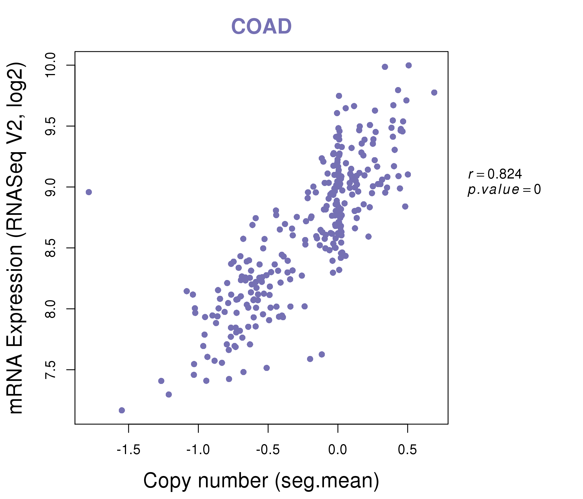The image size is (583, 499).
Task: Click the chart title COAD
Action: [261, 26]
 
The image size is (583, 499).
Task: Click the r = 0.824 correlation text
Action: [495, 174]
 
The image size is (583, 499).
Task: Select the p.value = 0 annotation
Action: [504, 190]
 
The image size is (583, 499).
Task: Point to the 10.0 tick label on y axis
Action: [51, 65]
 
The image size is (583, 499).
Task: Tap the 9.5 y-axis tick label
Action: [51, 126]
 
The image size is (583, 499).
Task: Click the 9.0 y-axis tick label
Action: [51, 187]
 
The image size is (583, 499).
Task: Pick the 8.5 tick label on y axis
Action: [51, 248]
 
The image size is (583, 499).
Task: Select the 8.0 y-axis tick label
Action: [51, 309]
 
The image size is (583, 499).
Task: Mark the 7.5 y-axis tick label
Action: [51, 370]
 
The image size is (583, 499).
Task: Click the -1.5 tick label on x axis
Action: [128, 450]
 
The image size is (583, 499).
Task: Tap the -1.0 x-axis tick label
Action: [198, 450]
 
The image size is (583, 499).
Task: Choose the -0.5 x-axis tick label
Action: [268, 450]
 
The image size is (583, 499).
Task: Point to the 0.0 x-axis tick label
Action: [338, 450]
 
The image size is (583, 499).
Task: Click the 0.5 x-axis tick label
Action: [407, 450]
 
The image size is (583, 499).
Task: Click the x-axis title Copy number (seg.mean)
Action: [261, 481]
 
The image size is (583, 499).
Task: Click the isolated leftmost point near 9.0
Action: [89, 192]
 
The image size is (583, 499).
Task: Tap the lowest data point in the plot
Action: [122, 410]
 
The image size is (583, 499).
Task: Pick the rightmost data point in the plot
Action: [434, 92]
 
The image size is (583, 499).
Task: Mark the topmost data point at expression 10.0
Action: [409, 65]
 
